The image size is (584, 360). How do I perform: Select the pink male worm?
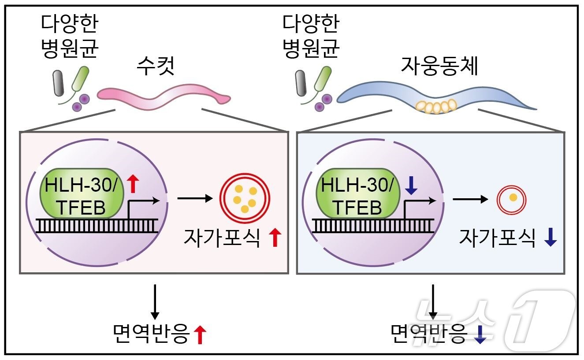164,96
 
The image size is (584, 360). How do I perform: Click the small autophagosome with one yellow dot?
513,198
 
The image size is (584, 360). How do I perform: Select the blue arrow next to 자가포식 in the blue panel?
551,238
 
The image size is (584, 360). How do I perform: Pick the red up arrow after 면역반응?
201,334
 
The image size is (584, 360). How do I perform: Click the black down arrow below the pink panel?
155,301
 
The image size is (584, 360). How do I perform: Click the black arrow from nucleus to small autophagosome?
470,199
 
